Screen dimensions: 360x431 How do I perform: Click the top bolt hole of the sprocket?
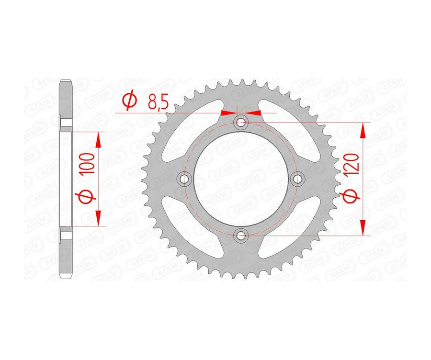click(241, 123)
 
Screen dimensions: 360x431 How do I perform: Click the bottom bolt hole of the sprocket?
click(241, 235)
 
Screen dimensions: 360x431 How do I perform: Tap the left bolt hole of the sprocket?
click(184, 179)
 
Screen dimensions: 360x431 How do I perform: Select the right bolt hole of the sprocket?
click(298, 179)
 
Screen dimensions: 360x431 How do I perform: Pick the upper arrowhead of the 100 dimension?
click(98, 139)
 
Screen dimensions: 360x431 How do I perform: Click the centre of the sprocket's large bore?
click(241, 179)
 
